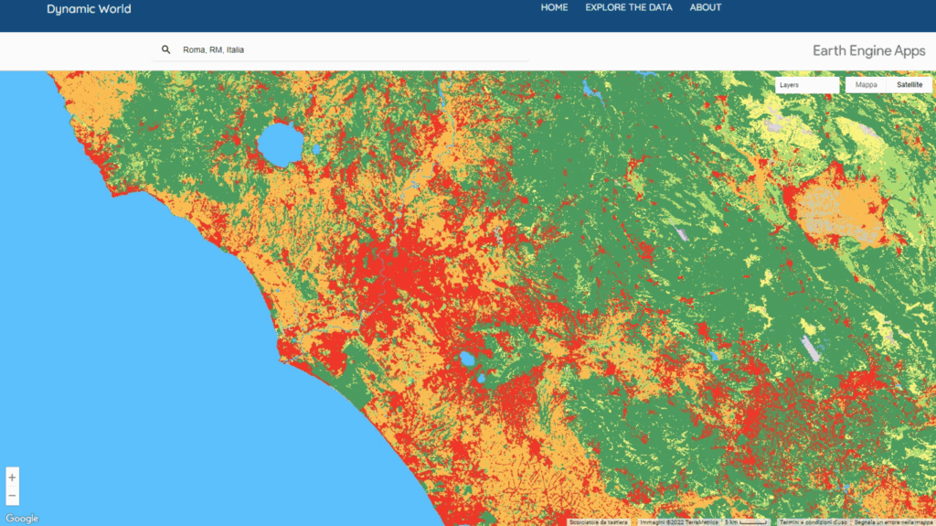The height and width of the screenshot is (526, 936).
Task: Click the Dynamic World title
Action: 89,9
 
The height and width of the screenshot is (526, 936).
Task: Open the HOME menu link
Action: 554,7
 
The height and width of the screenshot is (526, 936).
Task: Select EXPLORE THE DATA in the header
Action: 628,7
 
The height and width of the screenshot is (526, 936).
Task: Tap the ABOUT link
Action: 706,7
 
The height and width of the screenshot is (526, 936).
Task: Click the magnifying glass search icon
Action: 165,49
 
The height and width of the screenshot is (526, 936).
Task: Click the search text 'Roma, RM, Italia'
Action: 213,49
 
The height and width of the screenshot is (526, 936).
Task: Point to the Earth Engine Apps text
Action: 868,51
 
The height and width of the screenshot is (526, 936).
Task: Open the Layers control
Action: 806,85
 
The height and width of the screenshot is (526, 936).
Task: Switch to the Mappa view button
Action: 866,85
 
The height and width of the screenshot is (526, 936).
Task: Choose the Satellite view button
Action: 909,85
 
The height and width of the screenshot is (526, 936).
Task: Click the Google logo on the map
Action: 22,519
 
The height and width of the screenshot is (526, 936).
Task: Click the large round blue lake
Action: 280,144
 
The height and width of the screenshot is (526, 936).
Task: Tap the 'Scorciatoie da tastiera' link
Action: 598,522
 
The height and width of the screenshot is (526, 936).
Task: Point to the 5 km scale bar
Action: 746,522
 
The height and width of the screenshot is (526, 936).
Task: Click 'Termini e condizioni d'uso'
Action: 813,522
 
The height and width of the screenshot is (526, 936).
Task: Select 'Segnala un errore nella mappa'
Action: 893,522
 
